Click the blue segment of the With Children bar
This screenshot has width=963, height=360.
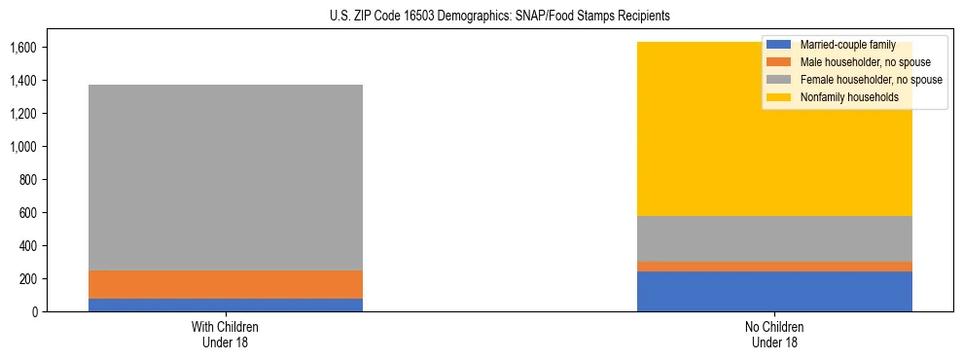[225, 305]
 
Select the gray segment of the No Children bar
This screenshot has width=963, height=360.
[774, 238]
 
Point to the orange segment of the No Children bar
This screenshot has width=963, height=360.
[774, 267]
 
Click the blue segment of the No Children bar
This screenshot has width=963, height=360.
[774, 291]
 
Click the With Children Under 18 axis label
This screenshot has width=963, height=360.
[225, 334]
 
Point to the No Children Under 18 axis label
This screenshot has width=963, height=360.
[774, 334]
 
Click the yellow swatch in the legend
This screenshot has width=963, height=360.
[779, 97]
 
